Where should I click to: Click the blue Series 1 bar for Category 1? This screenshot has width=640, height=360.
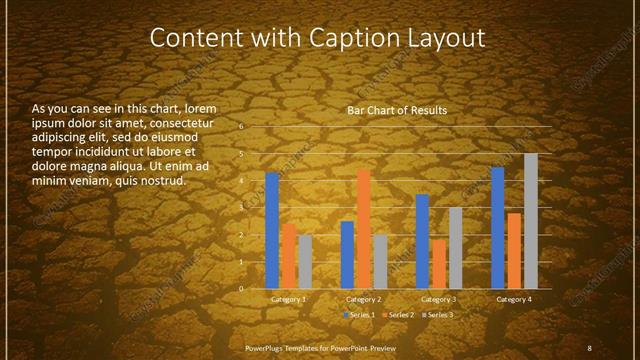coord(272,230)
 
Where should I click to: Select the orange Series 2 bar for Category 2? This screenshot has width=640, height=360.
coord(363,229)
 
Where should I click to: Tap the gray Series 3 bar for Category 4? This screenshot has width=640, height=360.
coord(531,221)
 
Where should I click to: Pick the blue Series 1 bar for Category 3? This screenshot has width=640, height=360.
coord(422,241)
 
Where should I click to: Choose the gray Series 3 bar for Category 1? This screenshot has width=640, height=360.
coord(305,262)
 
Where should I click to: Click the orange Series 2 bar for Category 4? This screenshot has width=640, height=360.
coord(514,250)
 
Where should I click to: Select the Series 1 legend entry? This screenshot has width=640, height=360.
coord(361,315)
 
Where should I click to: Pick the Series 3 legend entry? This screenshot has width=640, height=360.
coord(438,315)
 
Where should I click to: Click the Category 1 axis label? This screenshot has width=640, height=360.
coord(289,299)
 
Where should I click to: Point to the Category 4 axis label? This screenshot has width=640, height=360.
coord(514,299)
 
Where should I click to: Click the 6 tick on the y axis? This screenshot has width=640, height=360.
coord(241,128)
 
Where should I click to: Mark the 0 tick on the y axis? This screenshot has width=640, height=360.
coord(241,289)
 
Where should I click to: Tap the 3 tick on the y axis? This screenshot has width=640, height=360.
coord(241,208)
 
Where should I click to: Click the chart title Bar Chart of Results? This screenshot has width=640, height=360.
coord(397,110)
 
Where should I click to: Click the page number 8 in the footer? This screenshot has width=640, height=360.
coord(589,347)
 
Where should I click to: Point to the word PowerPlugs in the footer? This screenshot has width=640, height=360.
coord(265,347)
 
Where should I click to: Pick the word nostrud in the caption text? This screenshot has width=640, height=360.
coord(162,182)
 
